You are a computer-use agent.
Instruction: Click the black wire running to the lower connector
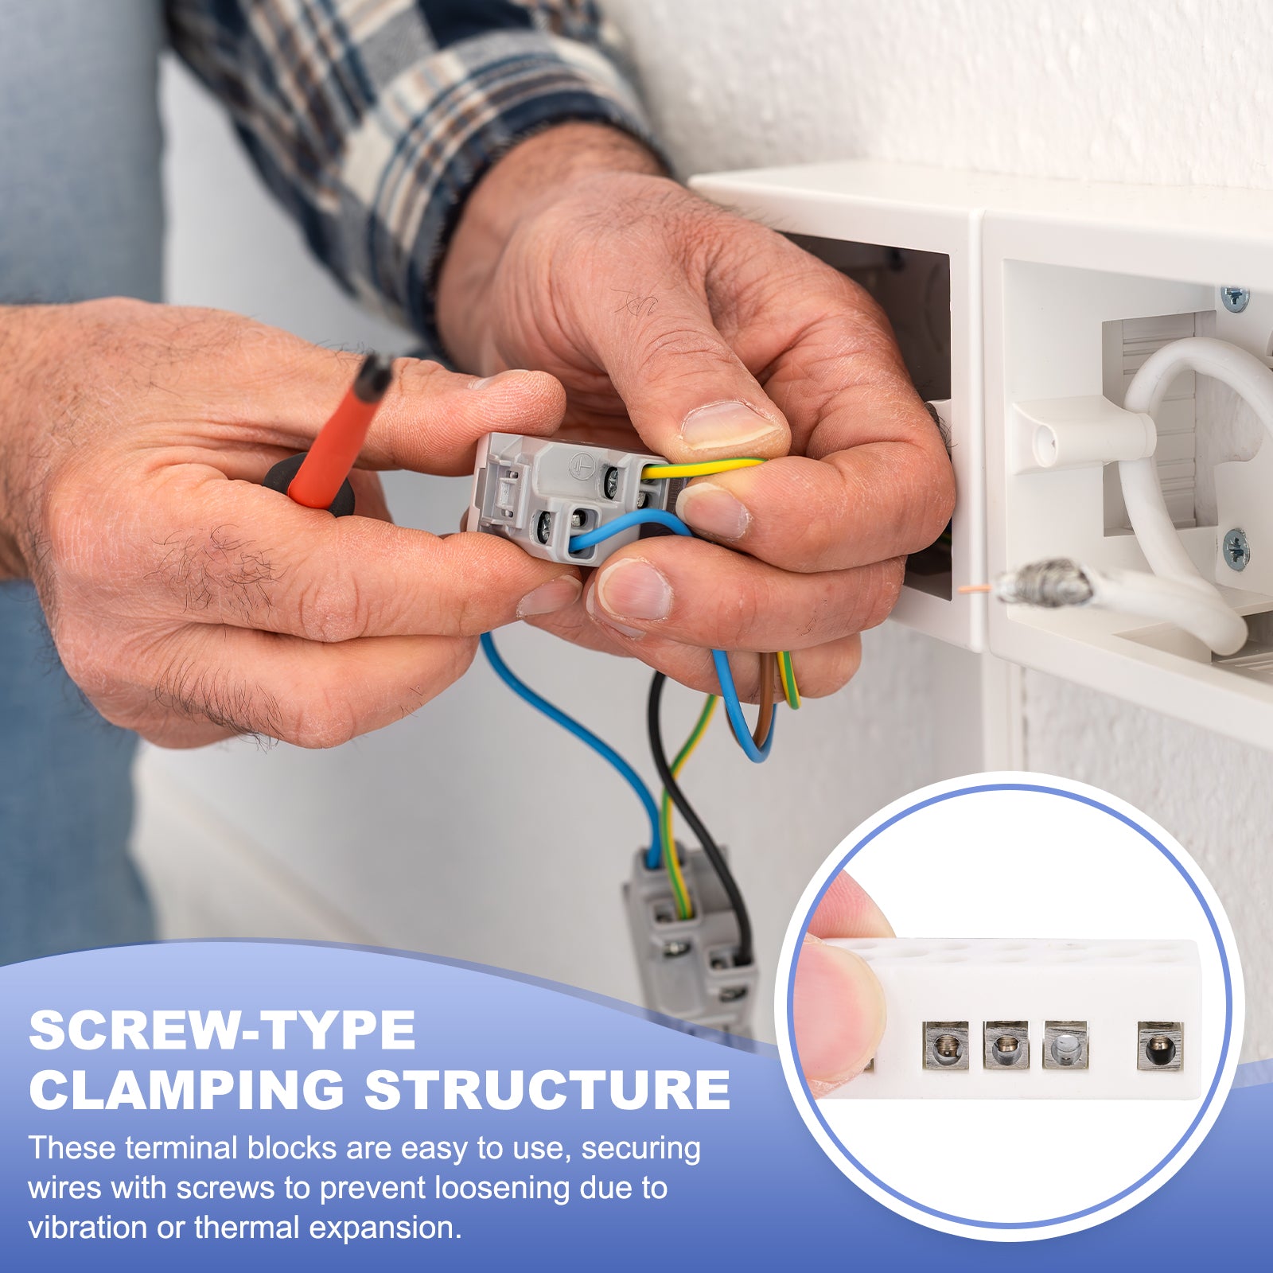(x=691, y=819)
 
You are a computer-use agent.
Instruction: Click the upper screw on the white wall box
(x=1234, y=298)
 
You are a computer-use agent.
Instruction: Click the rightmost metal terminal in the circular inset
(x=1160, y=1046)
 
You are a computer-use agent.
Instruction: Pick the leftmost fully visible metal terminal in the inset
(x=946, y=1045)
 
